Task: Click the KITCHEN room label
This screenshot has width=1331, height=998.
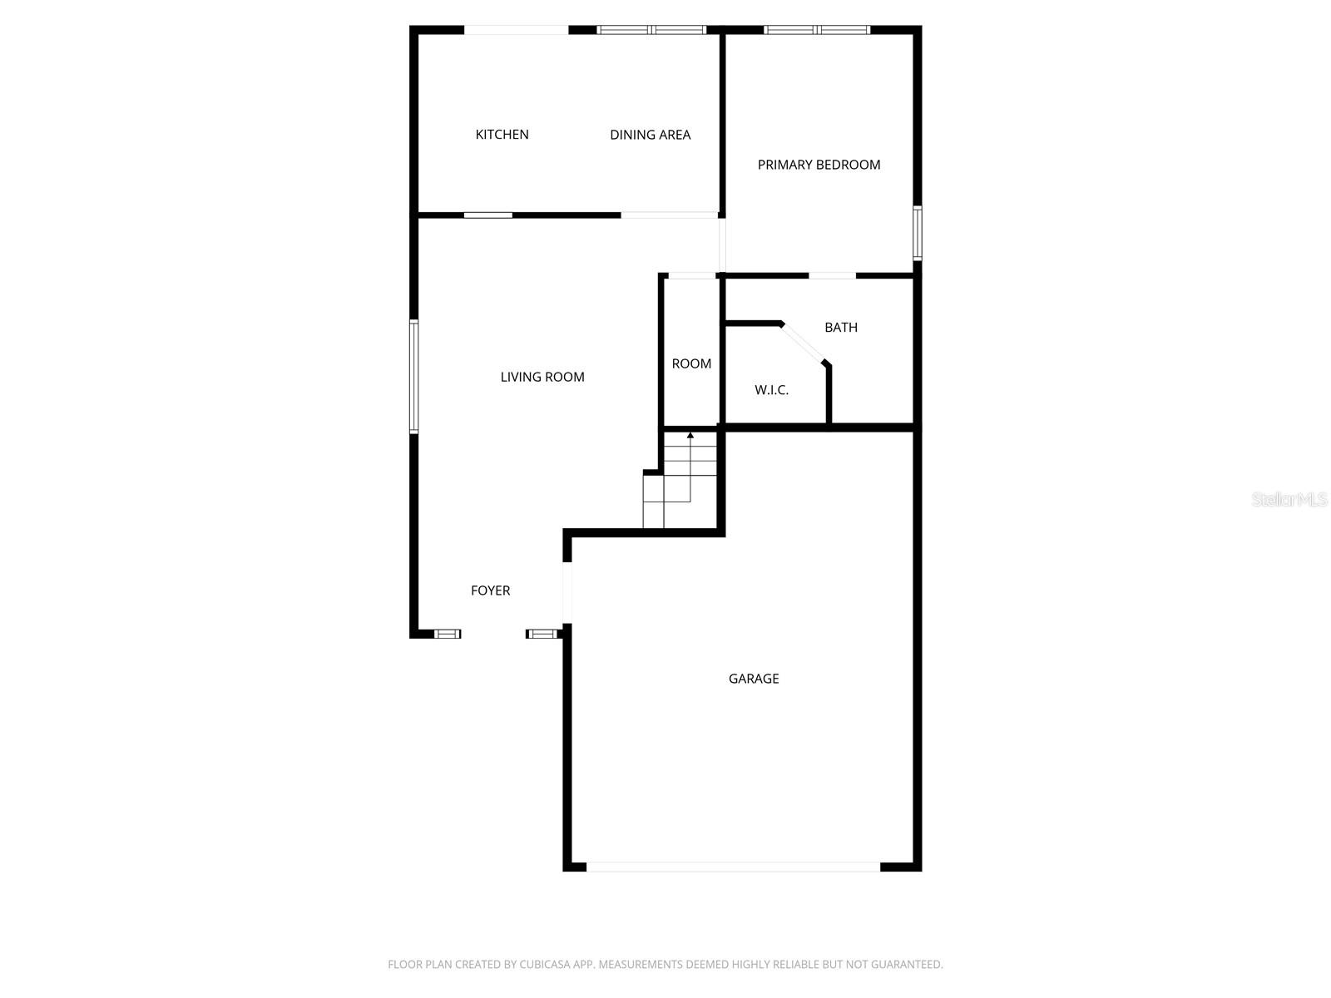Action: (502, 135)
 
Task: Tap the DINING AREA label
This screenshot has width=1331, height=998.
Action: (650, 135)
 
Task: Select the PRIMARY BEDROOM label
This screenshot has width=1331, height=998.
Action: (819, 165)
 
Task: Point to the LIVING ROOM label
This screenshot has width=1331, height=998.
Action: (542, 377)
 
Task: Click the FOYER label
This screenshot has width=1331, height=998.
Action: (490, 590)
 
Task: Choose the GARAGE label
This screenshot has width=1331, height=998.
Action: (754, 679)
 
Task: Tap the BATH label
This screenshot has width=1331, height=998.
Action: (840, 328)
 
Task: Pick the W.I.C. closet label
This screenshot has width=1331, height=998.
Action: (771, 390)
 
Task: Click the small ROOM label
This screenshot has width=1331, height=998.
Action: (691, 363)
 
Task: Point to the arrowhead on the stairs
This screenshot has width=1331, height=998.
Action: (690, 435)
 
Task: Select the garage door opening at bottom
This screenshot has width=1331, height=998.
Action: (733, 867)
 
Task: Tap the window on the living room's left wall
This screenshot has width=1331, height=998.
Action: (413, 377)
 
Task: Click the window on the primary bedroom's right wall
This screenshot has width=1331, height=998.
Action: (918, 233)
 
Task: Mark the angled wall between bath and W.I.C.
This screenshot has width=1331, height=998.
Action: (804, 343)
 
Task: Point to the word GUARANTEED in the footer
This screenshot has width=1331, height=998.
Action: (907, 965)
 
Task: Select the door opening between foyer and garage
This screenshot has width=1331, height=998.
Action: (567, 592)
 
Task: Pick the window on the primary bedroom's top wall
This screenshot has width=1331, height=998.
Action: (817, 30)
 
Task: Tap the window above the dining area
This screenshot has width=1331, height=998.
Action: (651, 30)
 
